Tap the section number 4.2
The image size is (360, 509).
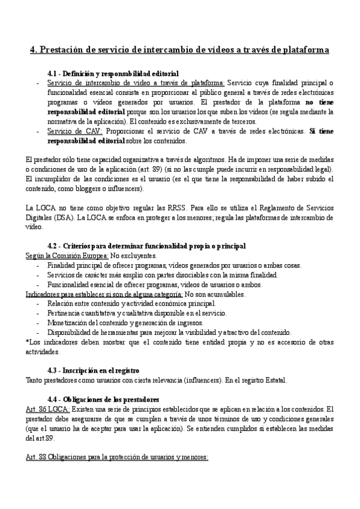54,247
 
